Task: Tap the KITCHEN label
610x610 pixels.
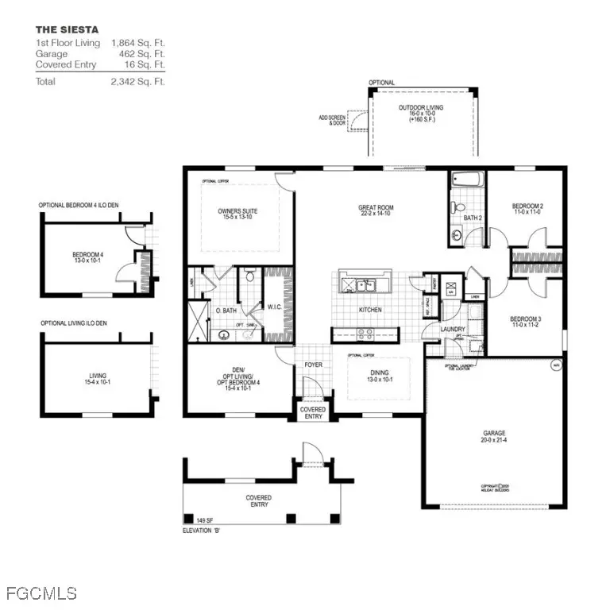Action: pyautogui.click(x=370, y=310)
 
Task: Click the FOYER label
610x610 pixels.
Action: pyautogui.click(x=314, y=365)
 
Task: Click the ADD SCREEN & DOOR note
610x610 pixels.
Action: pyautogui.click(x=334, y=119)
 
